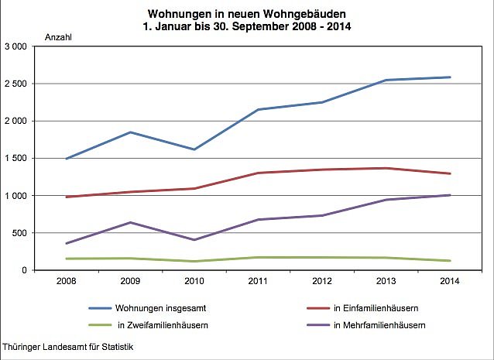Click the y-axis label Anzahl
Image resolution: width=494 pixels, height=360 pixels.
click(x=59, y=37)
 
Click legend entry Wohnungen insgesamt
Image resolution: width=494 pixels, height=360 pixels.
click(x=151, y=307)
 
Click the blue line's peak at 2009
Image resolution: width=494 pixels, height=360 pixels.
click(x=131, y=132)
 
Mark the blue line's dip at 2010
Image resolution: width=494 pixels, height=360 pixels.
click(x=195, y=149)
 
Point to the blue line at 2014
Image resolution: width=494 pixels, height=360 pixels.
click(x=450, y=77)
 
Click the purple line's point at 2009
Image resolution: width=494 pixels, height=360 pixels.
click(x=131, y=222)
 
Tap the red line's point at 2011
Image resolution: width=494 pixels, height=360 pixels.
click(x=259, y=173)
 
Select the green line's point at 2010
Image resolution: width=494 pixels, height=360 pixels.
click(x=195, y=261)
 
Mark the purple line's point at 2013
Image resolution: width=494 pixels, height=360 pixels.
click(x=386, y=200)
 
